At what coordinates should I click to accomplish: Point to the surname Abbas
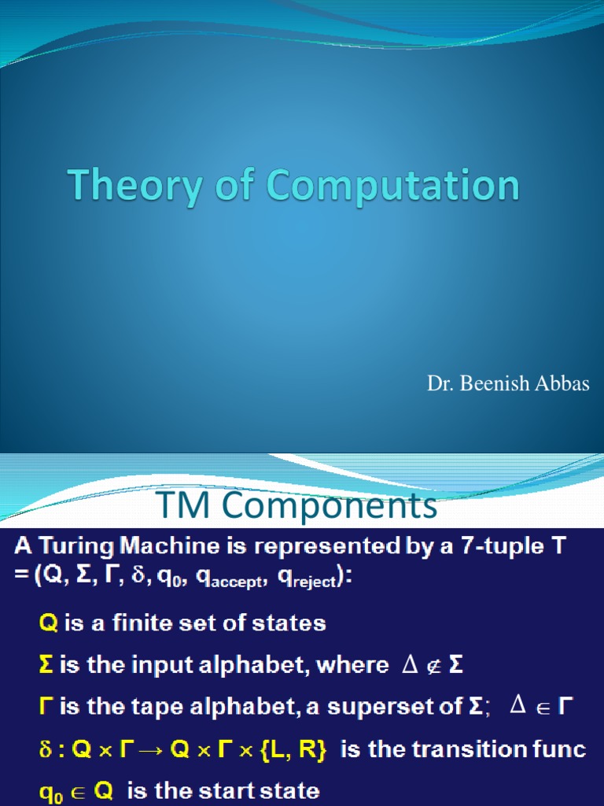click(x=563, y=385)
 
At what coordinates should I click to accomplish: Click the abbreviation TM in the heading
click(x=179, y=507)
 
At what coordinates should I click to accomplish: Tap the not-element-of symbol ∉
click(x=433, y=666)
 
